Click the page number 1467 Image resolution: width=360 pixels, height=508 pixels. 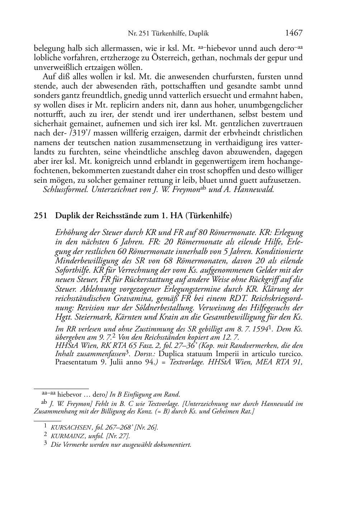294,33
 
